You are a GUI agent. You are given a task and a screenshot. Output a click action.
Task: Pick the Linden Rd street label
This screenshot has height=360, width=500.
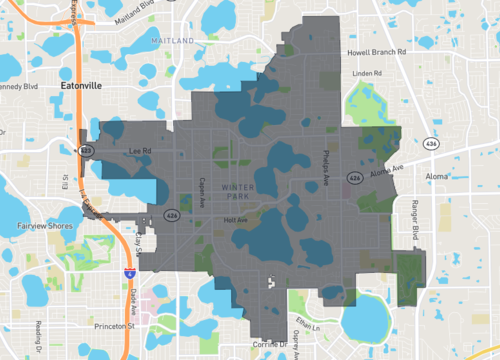click(x=367, y=73)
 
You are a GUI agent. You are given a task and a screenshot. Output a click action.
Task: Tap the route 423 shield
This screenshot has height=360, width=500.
click(x=86, y=149)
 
